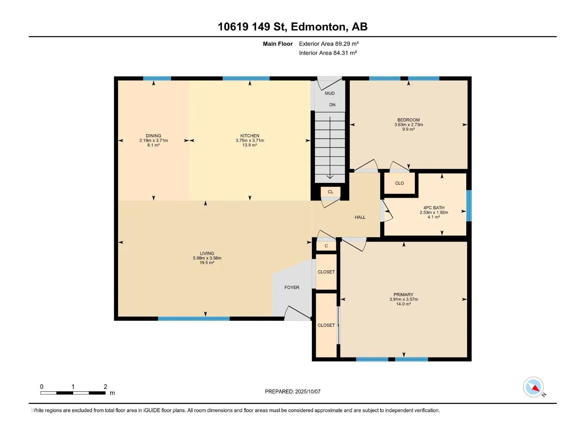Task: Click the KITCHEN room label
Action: coord(250,136)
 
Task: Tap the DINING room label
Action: coord(153,136)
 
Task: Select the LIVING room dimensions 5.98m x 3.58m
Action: coord(207,258)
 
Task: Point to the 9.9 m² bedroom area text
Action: coord(408,129)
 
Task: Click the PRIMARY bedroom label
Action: coord(403,294)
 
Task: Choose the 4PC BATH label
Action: coord(434,208)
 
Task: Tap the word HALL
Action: coord(360,217)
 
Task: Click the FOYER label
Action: coord(292,287)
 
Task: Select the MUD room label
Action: coord(330,93)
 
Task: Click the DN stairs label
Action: coord(332,105)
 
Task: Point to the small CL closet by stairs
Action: coord(330,192)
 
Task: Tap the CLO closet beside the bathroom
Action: coord(399,183)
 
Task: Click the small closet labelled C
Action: coord(326,246)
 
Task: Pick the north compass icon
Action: coord(534,387)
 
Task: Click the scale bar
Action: coord(73,393)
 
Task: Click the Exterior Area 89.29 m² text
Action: coord(329,44)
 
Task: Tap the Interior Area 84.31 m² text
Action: coord(328,53)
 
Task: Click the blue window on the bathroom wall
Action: coord(469,206)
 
